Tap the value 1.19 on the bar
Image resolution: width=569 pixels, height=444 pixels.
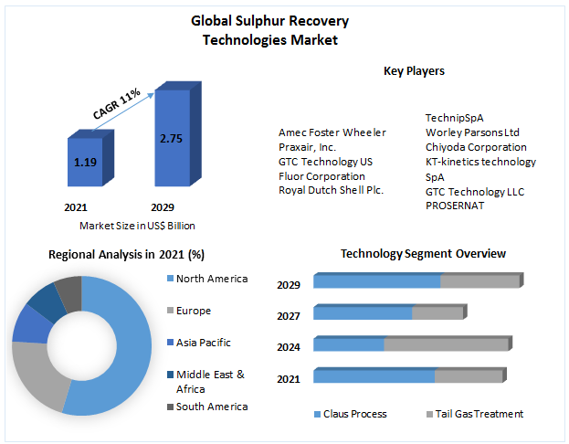[x=84, y=163]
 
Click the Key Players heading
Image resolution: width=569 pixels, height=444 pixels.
[x=414, y=70]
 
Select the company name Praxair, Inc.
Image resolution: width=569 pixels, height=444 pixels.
[x=308, y=147]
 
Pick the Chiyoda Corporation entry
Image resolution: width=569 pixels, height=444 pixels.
[x=475, y=147]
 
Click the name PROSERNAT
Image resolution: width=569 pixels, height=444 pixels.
[x=455, y=206]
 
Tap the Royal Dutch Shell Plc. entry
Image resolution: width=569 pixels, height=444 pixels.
[x=332, y=190]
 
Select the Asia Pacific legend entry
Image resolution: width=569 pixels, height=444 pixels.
[x=203, y=343]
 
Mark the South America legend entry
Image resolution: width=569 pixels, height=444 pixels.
[x=211, y=407]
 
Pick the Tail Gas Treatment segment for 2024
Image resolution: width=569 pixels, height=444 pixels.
[x=446, y=344]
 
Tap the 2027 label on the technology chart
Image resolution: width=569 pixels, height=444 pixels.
[x=289, y=316]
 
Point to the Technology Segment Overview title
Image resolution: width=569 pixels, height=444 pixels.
[x=423, y=253]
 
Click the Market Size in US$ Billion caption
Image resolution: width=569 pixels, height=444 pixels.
[x=137, y=226]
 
